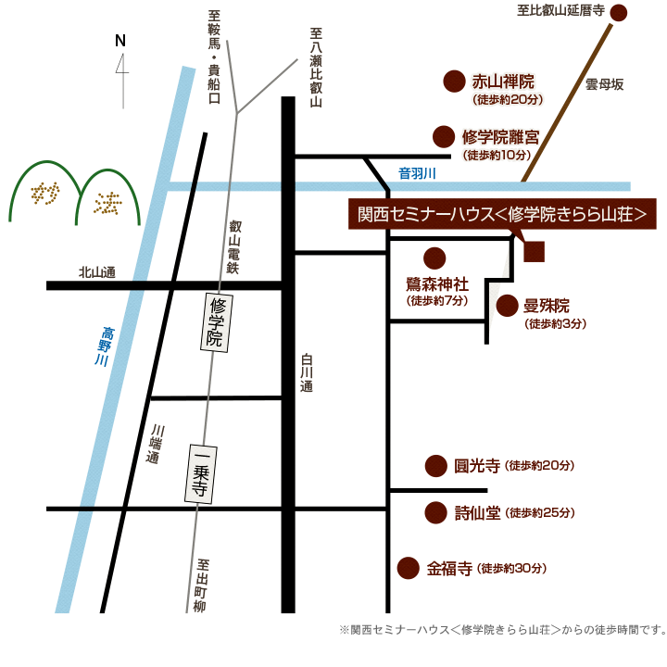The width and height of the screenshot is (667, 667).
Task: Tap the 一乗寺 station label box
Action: click(198, 474)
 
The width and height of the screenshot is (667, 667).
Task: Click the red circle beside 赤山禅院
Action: click(454, 82)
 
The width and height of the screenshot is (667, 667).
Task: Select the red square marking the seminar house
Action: click(534, 251)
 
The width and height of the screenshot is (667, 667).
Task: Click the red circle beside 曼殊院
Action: click(508, 306)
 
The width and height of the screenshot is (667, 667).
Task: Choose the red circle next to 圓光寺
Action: click(435, 466)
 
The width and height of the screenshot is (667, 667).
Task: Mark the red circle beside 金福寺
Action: click(407, 568)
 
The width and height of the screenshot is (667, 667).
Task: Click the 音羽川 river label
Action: click(417, 173)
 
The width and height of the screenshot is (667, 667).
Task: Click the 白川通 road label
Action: click(307, 374)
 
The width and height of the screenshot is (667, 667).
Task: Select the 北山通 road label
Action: click(96, 272)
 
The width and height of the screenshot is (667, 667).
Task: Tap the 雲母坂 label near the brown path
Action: click(604, 85)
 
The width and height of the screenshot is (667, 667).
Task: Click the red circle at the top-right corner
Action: click(619, 13)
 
